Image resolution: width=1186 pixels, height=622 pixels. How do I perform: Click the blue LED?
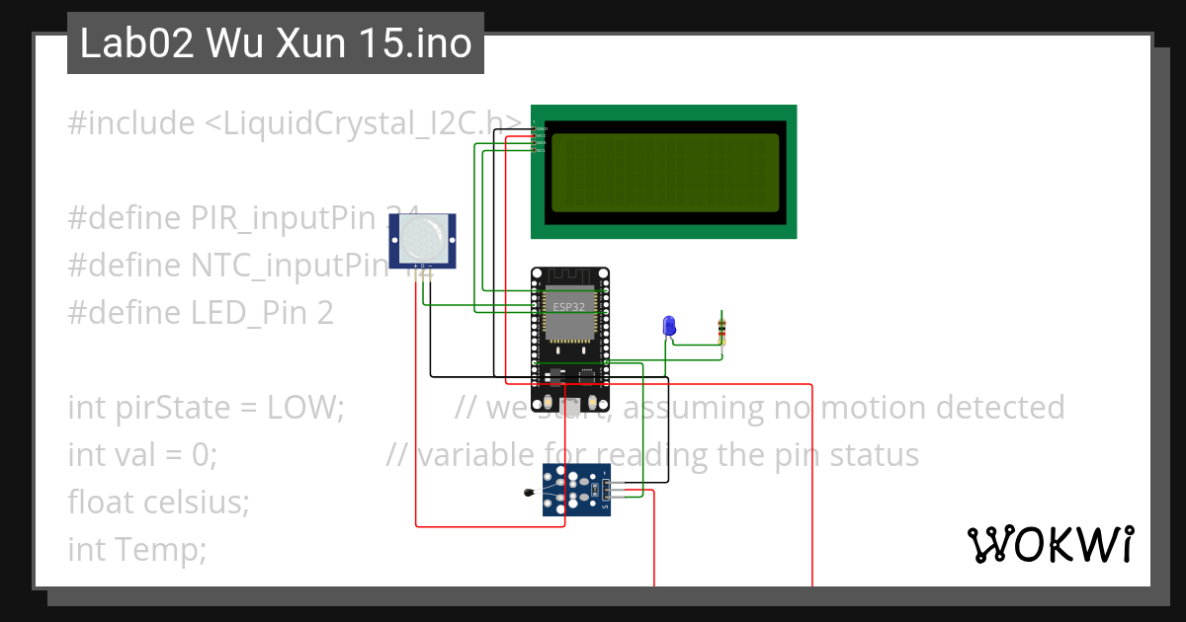pos(669,326)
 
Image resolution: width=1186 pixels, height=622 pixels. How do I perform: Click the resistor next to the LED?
pos(722,332)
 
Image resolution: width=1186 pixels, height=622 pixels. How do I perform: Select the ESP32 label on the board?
pos(568,307)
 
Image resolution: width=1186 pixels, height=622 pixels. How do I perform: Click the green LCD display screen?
pos(664,172)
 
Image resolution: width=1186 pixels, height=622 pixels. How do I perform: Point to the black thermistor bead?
pos(529,493)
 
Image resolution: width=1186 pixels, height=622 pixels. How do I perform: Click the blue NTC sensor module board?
pos(575,492)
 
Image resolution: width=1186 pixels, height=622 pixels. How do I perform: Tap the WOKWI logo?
pos(1050,544)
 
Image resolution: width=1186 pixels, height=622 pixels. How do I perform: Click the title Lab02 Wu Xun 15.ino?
pos(276,44)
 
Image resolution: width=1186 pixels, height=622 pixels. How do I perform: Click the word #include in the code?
pos(132,123)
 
